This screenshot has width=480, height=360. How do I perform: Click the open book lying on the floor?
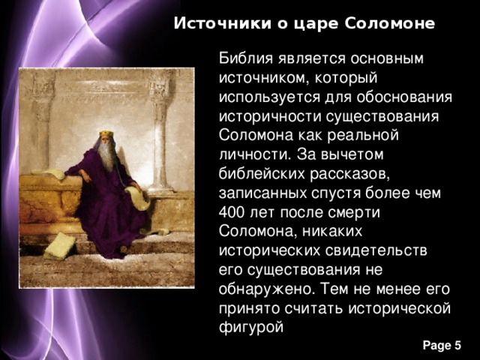click(58, 245)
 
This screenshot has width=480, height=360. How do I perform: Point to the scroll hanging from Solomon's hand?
click(136, 198)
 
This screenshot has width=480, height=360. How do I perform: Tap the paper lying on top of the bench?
click(46, 174)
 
